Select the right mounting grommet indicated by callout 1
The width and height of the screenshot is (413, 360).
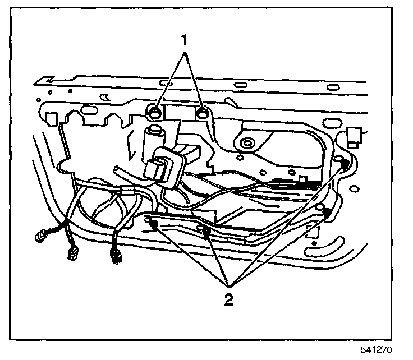tap(203, 114)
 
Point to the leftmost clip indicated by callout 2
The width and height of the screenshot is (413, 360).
tap(154, 225)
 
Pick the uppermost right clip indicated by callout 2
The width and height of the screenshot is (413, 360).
tap(345, 163)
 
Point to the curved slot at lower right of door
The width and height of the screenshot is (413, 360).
tap(328, 246)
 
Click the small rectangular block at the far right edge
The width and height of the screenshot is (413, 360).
tap(354, 136)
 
